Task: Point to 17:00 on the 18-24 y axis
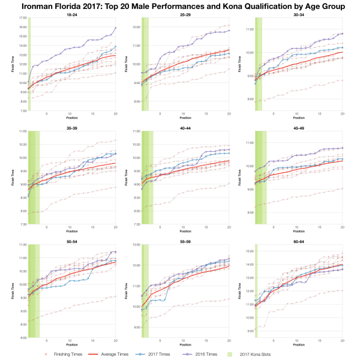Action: (22, 19)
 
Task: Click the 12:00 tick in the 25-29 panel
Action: (136, 28)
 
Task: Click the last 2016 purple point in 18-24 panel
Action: (116, 28)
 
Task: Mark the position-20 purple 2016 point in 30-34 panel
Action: (342, 34)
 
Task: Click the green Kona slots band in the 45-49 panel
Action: (261, 180)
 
